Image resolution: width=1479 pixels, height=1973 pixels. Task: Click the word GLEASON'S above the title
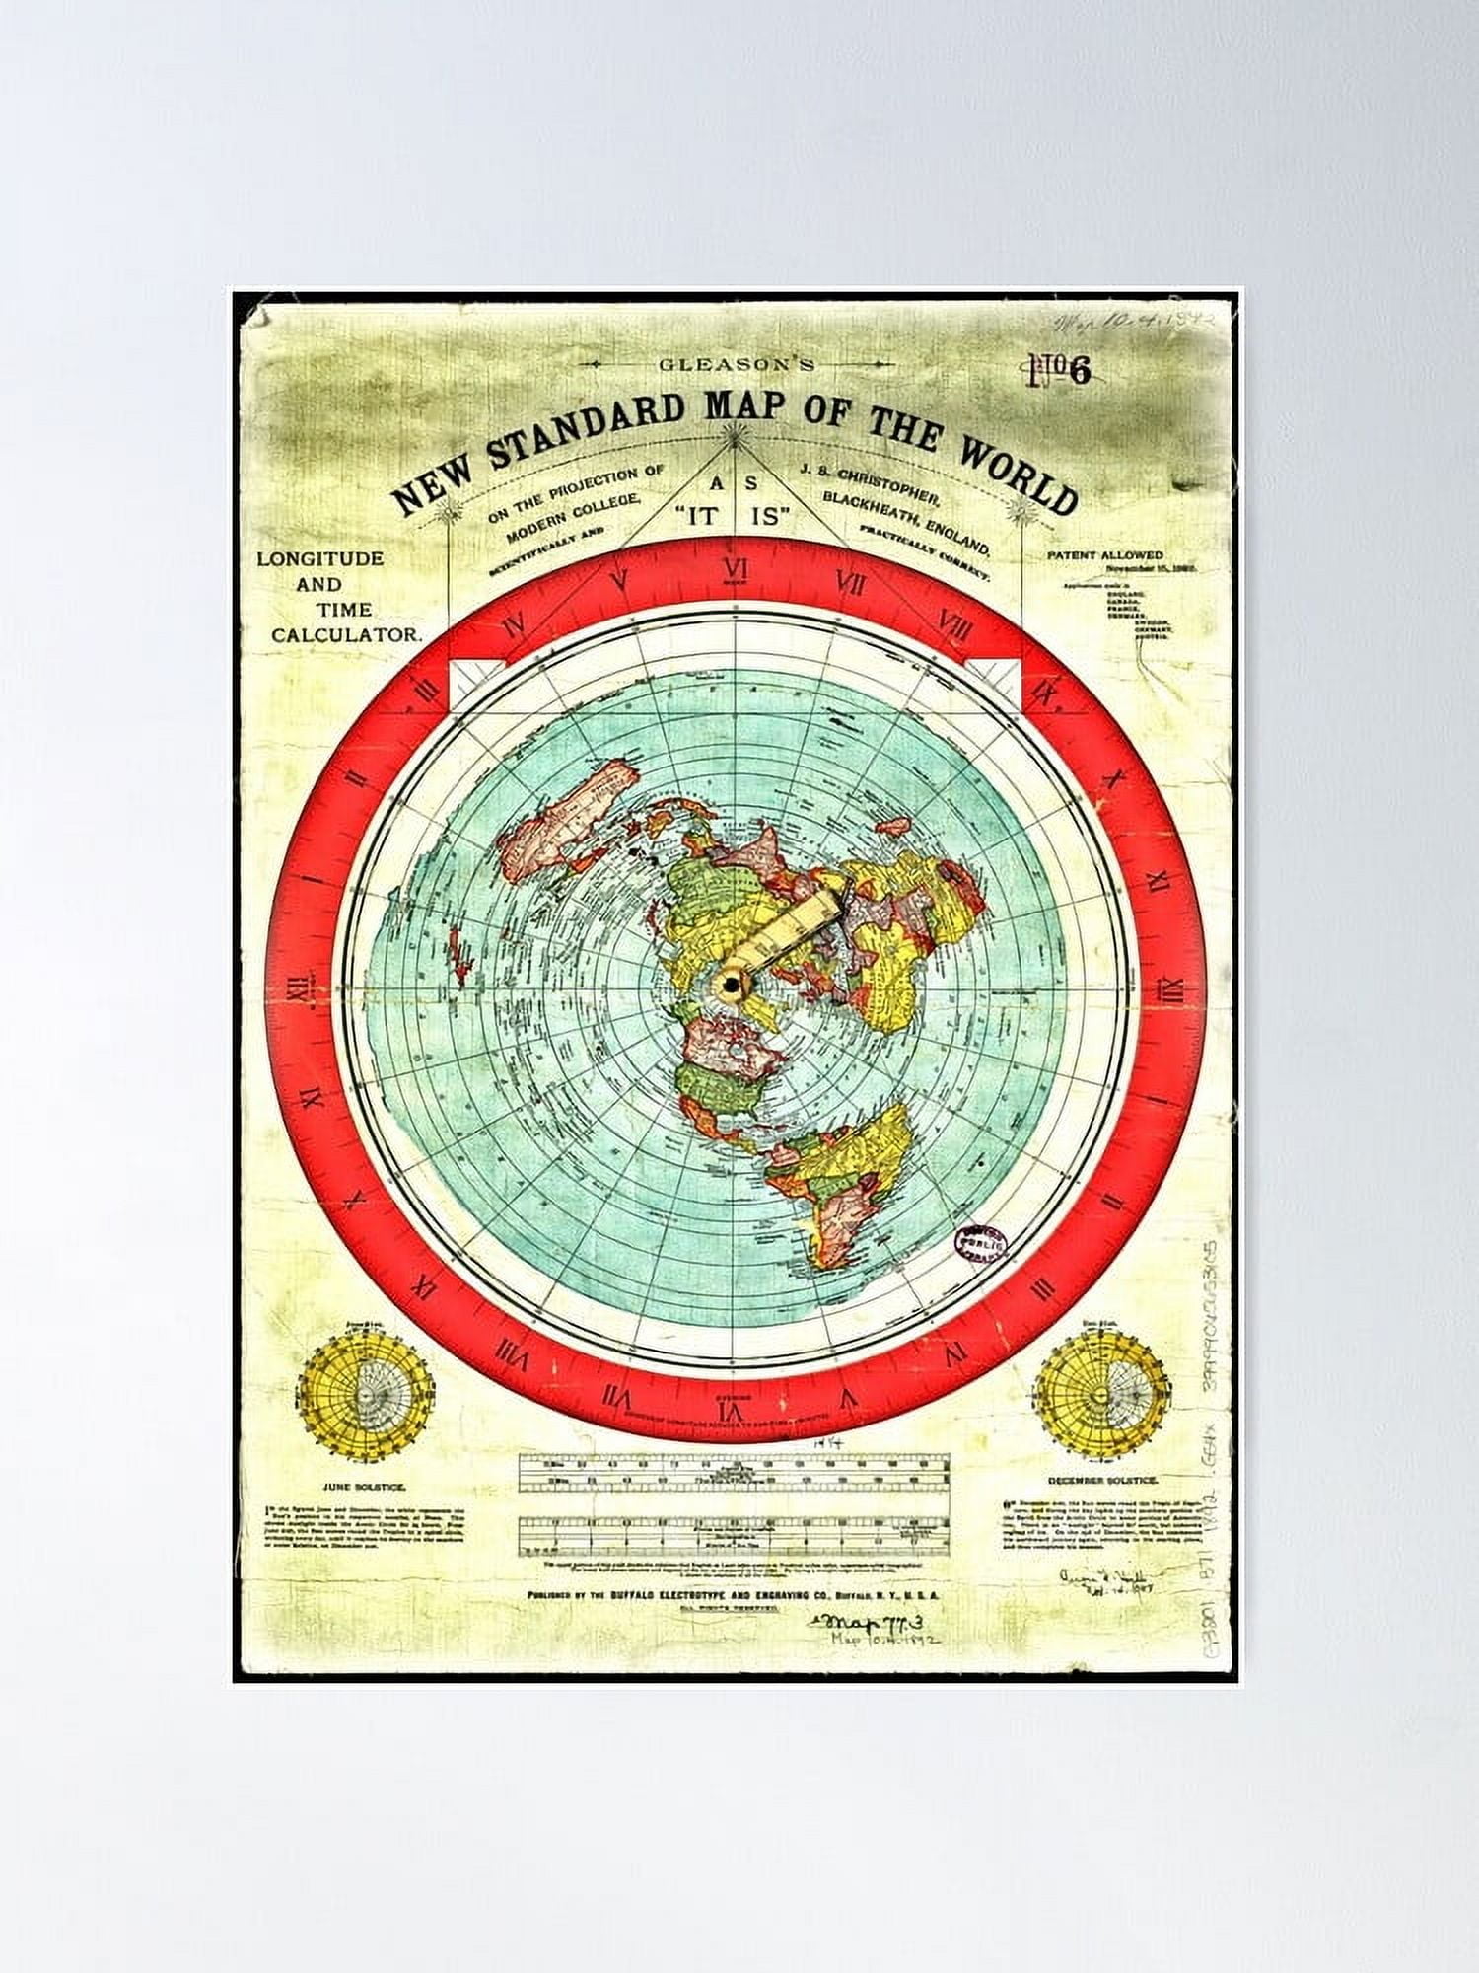(x=738, y=364)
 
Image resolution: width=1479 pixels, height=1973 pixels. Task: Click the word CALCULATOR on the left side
(x=346, y=636)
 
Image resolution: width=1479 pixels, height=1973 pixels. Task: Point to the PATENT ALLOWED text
(x=1104, y=555)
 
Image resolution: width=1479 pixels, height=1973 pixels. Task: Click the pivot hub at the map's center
(x=732, y=984)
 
